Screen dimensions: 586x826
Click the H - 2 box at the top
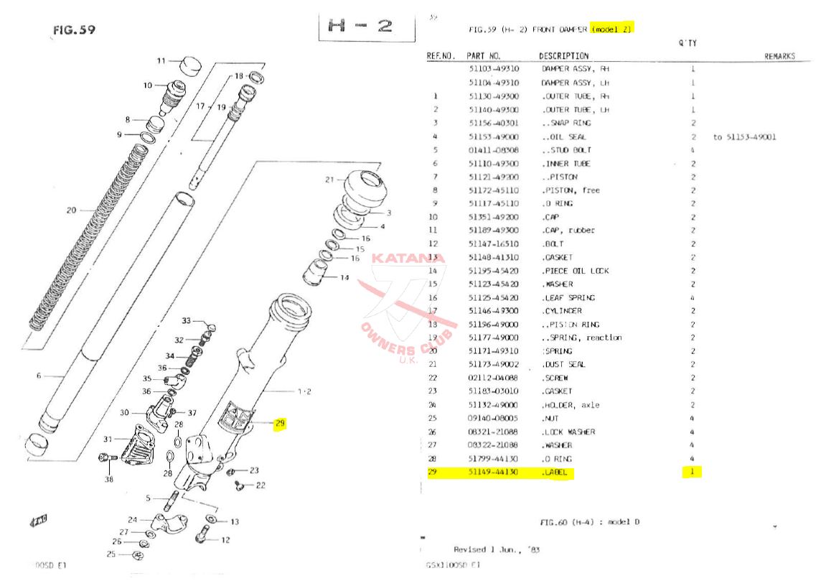tap(367, 27)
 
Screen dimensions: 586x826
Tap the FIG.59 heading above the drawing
tap(74, 30)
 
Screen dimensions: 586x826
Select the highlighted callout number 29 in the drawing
tap(280, 423)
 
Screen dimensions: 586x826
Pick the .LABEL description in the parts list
tap(554, 473)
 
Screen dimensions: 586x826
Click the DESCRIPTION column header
tap(563, 56)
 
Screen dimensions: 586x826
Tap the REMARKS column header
tap(779, 56)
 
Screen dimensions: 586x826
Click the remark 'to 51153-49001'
tap(744, 137)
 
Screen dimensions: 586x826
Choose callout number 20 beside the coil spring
tap(70, 210)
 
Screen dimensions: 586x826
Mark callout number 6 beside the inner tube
tap(39, 376)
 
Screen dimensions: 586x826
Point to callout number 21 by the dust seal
tap(329, 179)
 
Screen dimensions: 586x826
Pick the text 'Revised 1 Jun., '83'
tap(497, 549)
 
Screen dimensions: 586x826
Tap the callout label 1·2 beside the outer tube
tap(304, 391)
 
